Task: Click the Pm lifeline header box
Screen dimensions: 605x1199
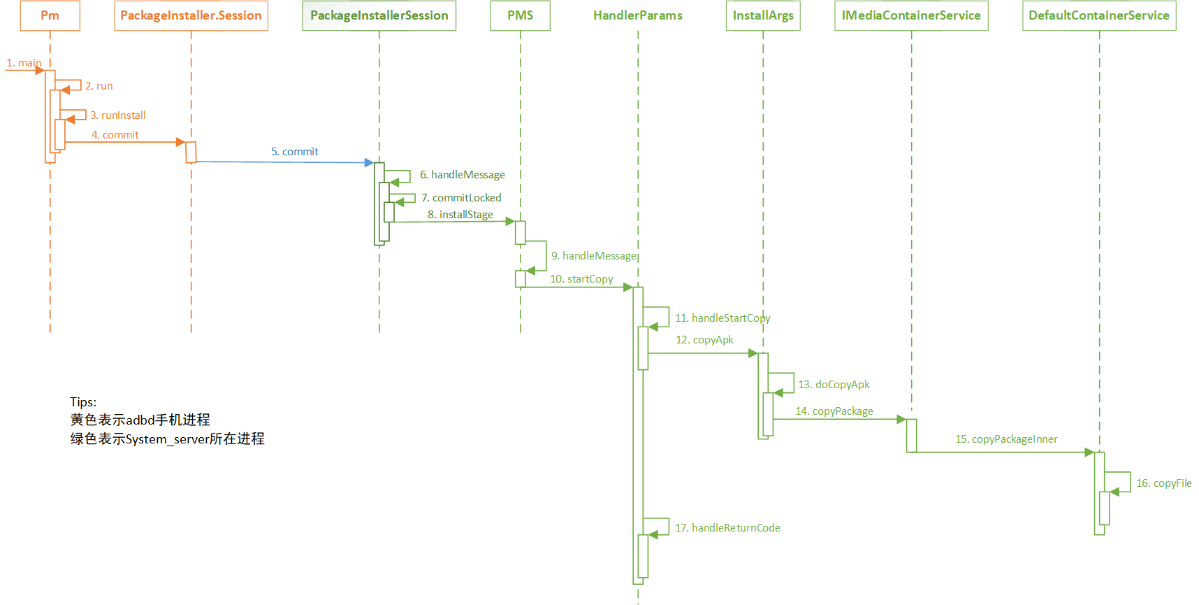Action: (50, 15)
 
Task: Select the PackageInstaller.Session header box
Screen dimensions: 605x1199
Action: (191, 15)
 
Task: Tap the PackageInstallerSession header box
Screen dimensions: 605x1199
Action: (379, 15)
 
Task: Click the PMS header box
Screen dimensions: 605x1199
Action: (520, 15)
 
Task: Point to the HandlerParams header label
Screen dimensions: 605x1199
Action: (637, 15)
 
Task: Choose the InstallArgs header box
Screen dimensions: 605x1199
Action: (763, 15)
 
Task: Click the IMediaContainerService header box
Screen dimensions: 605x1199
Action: (911, 15)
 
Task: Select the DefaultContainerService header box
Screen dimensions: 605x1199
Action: (1098, 15)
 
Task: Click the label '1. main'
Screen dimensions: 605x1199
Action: (24, 63)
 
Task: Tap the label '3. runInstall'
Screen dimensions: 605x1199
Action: (117, 115)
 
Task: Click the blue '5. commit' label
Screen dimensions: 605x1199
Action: (294, 152)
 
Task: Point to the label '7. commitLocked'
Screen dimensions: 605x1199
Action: (461, 198)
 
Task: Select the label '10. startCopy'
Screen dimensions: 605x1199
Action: (581, 279)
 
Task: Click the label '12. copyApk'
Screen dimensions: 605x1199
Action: (704, 340)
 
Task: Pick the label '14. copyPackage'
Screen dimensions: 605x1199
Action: (834, 411)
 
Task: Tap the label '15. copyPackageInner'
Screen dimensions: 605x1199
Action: (1006, 439)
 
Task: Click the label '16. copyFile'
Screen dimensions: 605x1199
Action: (1163, 483)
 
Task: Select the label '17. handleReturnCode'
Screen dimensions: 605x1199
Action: (727, 528)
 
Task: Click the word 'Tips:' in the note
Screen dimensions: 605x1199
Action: (83, 402)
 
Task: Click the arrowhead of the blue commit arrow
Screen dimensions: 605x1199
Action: (369, 162)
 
